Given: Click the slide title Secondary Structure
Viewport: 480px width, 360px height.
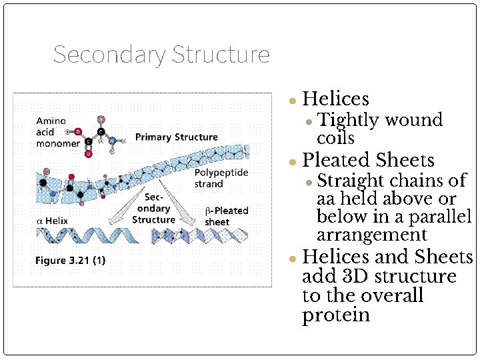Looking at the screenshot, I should pyautogui.click(x=161, y=55).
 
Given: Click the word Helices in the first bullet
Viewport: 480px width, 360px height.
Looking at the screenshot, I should pyautogui.click(x=335, y=99).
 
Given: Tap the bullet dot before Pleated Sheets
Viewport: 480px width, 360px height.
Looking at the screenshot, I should pyautogui.click(x=292, y=162).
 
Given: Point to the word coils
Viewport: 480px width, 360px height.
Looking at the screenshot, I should pyautogui.click(x=335, y=138).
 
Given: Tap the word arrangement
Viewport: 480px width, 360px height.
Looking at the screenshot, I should pyautogui.click(x=371, y=235).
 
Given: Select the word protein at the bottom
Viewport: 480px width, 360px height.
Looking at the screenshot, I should pyautogui.click(x=335, y=315).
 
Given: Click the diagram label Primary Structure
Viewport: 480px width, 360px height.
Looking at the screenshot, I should pyautogui.click(x=176, y=137).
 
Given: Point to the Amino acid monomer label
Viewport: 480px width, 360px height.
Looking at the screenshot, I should pyautogui.click(x=57, y=132).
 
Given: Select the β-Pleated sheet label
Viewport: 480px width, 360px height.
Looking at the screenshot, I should pyautogui.click(x=226, y=216).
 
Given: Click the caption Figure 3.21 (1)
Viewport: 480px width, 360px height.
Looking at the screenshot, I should pyautogui.click(x=70, y=260).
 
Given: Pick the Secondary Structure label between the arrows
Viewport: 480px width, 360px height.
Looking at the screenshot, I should pyautogui.click(x=153, y=208).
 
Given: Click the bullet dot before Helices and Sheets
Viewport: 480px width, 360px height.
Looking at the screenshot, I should pyautogui.click(x=292, y=258).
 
